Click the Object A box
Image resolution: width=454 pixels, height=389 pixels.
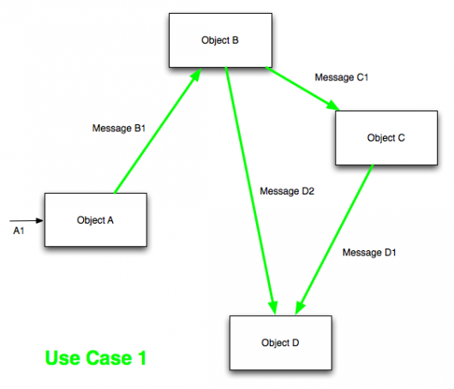click(95, 220)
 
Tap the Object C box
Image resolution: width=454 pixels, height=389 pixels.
click(379, 138)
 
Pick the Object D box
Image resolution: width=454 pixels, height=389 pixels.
click(280, 343)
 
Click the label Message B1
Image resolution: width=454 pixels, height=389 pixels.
click(118, 129)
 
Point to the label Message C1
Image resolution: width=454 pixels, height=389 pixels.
click(341, 77)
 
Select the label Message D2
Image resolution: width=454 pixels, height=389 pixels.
click(287, 191)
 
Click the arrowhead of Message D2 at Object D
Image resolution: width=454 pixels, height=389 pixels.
click(274, 307)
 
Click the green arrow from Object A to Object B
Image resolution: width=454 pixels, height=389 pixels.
click(156, 133)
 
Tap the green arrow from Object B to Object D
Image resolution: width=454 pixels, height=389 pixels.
click(250, 189)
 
